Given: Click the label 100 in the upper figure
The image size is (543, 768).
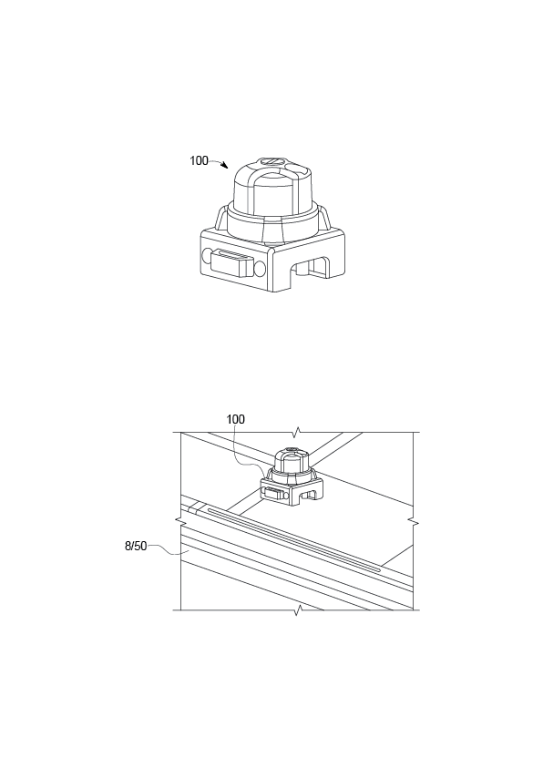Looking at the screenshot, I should [199, 161].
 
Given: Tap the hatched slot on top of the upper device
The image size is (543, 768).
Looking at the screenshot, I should [271, 165].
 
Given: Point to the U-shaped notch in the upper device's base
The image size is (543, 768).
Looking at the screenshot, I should [307, 270].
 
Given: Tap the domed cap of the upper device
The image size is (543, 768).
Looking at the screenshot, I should [271, 186].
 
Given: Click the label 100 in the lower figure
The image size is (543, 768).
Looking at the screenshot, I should [236, 419].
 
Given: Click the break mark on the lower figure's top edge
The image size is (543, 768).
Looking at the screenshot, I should [297, 430].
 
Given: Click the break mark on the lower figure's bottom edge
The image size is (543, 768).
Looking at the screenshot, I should [297, 609].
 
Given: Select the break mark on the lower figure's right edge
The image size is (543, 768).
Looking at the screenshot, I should [415, 523].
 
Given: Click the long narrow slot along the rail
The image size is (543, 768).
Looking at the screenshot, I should [292, 538].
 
